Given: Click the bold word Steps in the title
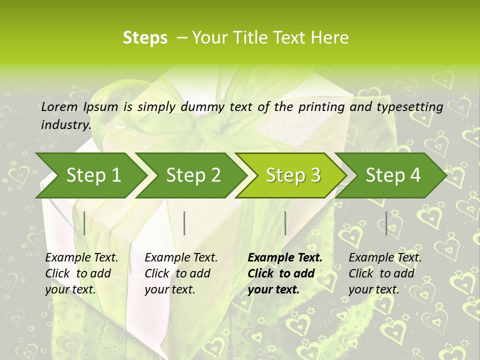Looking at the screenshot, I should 145,38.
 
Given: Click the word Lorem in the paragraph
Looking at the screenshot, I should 59,106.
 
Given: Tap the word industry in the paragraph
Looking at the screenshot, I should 65,124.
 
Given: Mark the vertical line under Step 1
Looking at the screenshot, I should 84,223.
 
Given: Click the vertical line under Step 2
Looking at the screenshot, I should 184,223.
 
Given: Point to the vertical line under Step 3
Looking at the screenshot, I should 285,223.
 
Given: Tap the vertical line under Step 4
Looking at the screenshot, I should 386,223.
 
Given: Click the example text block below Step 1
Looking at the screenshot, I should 81,273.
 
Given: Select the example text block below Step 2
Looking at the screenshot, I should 181,273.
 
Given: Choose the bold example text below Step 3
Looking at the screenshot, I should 285,273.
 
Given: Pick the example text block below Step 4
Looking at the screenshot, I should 385,273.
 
